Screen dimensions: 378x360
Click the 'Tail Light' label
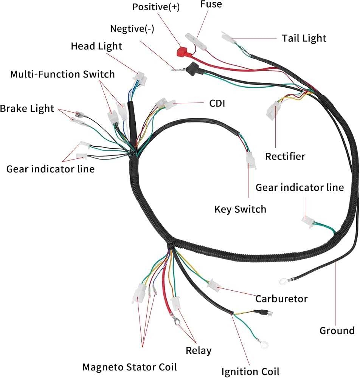[304, 38]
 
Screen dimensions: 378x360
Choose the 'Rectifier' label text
[285, 156]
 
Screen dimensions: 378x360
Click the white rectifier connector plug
[272, 110]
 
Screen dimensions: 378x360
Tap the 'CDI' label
[217, 103]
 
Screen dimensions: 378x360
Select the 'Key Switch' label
[240, 209]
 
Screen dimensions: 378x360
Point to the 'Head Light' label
[96, 46]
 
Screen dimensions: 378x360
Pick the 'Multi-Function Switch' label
[62, 74]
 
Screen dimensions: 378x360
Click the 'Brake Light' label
[27, 108]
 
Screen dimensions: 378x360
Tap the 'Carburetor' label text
[281, 299]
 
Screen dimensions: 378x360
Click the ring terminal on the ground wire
[282, 281]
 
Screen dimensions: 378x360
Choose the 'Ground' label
[337, 331]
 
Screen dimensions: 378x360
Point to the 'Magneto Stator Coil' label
[130, 366]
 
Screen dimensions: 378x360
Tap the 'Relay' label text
[199, 350]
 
